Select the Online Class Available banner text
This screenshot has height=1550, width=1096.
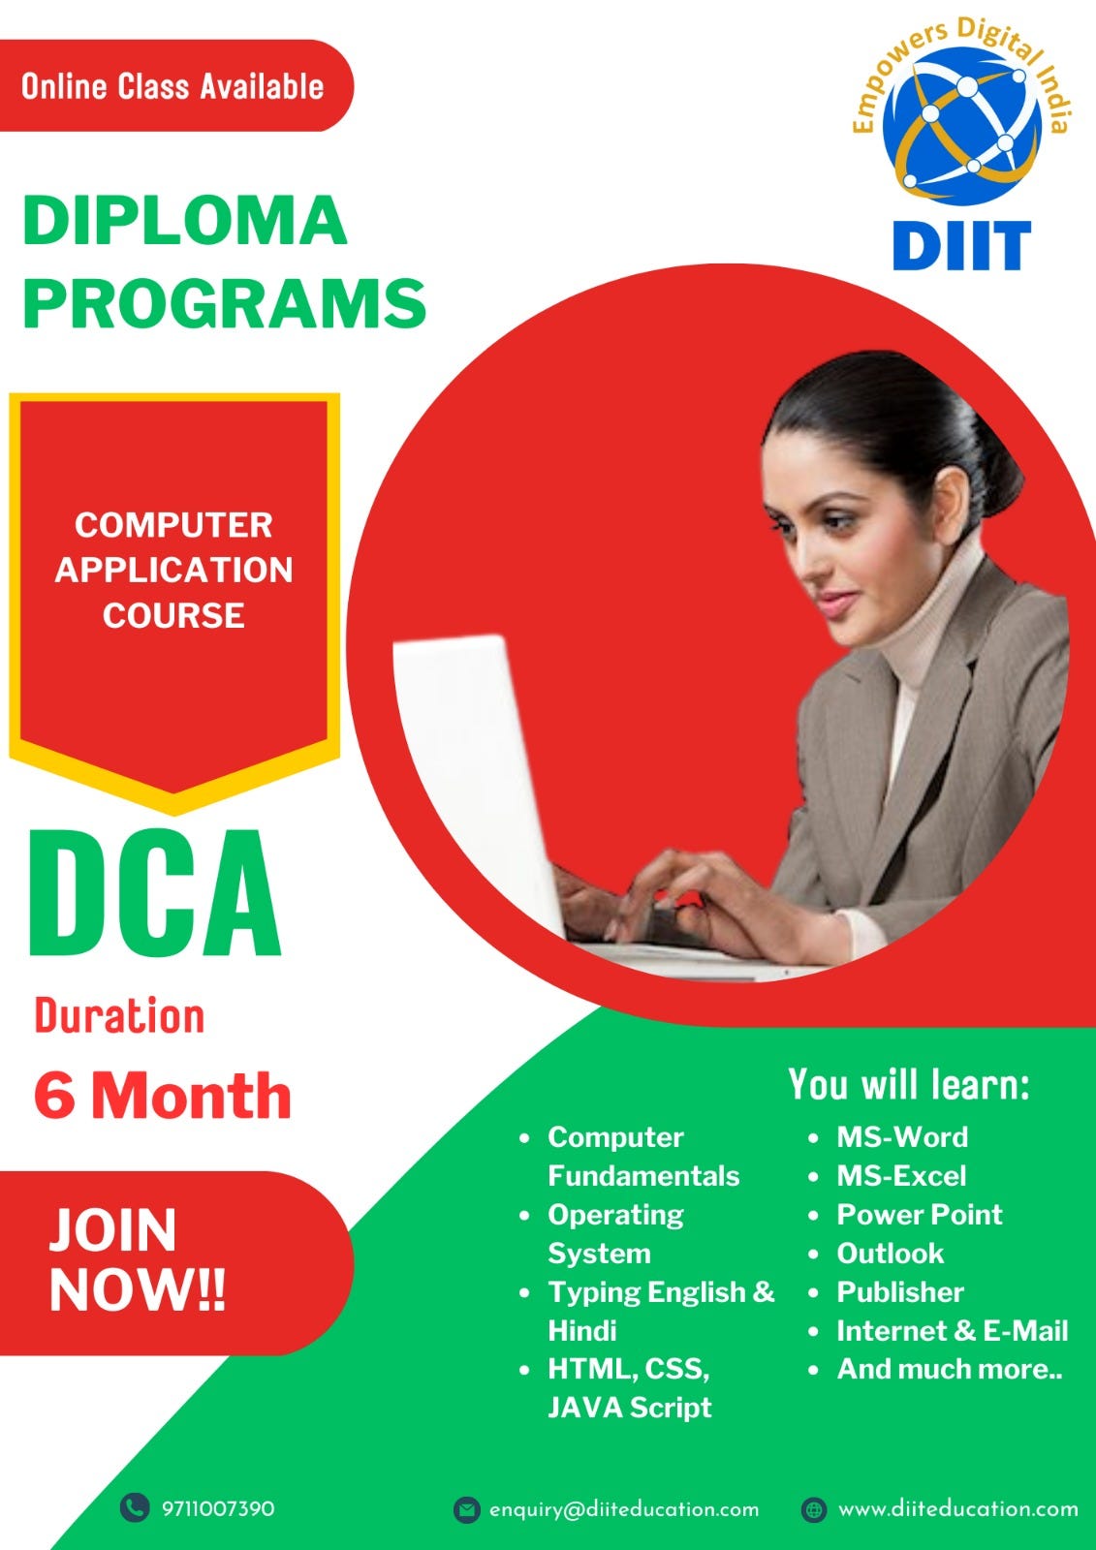pyautogui.click(x=172, y=86)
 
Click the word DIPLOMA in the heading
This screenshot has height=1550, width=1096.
pyautogui.click(x=184, y=221)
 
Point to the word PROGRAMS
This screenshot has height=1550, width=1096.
pyautogui.click(x=224, y=302)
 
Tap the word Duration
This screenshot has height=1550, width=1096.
pyautogui.click(x=119, y=1016)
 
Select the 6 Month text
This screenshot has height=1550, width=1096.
pyautogui.click(x=162, y=1096)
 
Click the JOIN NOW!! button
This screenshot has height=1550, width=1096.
pyautogui.click(x=138, y=1259)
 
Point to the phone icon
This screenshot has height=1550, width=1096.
pyautogui.click(x=134, y=1507)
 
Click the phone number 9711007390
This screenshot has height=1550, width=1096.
pyautogui.click(x=218, y=1508)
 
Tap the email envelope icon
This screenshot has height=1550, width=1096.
pyautogui.click(x=467, y=1509)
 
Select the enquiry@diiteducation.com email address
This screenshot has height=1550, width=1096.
pyautogui.click(x=624, y=1509)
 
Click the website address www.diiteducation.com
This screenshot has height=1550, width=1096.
pyautogui.click(x=957, y=1509)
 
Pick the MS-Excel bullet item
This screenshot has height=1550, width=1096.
pyautogui.click(x=901, y=1176)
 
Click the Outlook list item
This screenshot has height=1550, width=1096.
pyautogui.click(x=890, y=1254)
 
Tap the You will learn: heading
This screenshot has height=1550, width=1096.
pyautogui.click(x=908, y=1085)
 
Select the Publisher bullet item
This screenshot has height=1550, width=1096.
pyautogui.click(x=899, y=1292)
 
